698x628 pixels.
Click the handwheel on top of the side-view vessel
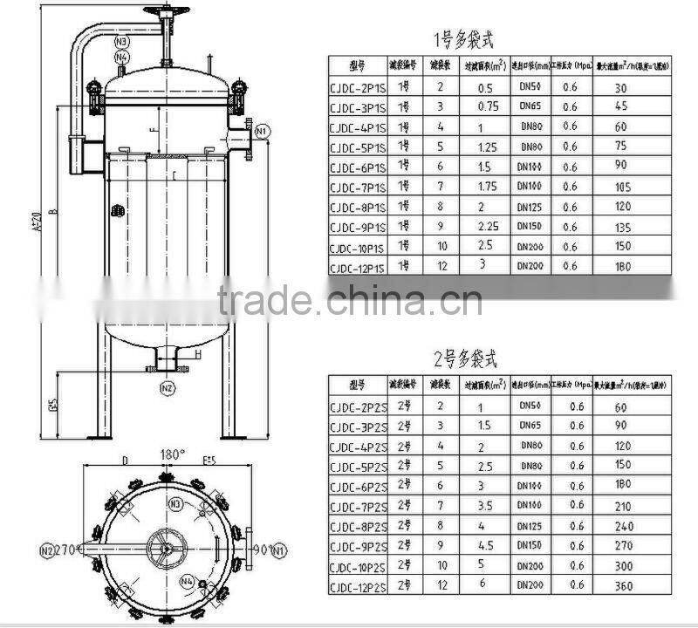pyautogui.click(x=167, y=12)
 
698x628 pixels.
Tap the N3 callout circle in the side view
pyautogui.click(x=121, y=41)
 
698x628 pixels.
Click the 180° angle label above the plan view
pyautogui.click(x=173, y=454)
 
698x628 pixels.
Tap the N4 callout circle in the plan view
pyautogui.click(x=187, y=580)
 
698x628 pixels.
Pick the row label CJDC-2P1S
pyautogui.click(x=357, y=87)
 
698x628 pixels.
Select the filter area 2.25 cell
pyautogui.click(x=488, y=227)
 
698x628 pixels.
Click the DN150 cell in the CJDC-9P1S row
pyautogui.click(x=530, y=227)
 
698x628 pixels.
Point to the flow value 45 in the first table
pyautogui.click(x=620, y=106)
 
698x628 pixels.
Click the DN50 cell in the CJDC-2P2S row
pyautogui.click(x=530, y=406)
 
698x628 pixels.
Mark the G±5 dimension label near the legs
pyautogui.click(x=52, y=405)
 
